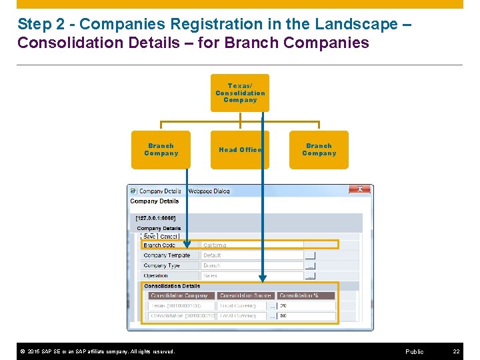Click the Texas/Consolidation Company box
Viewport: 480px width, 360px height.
[x=240, y=93]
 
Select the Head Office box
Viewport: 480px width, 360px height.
[x=240, y=150]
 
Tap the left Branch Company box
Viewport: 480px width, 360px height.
[x=161, y=150]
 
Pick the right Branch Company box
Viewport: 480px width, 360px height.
[x=319, y=150]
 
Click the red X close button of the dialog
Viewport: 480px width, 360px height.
[x=359, y=189]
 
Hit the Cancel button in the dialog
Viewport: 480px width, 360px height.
[x=169, y=236]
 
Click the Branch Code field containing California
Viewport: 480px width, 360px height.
[x=252, y=245]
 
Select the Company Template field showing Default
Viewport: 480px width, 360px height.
[x=252, y=255]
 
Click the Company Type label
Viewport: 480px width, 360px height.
[x=161, y=265]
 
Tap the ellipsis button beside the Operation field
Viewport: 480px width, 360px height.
[x=310, y=275]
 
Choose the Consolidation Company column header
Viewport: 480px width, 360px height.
[x=179, y=295]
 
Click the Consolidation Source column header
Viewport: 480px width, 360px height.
[x=245, y=295]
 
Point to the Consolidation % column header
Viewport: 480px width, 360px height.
[x=299, y=295]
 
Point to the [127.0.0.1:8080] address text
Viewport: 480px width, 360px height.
[x=155, y=217]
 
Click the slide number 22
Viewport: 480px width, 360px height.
[x=456, y=351]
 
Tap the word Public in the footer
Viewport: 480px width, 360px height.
[x=414, y=351]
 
